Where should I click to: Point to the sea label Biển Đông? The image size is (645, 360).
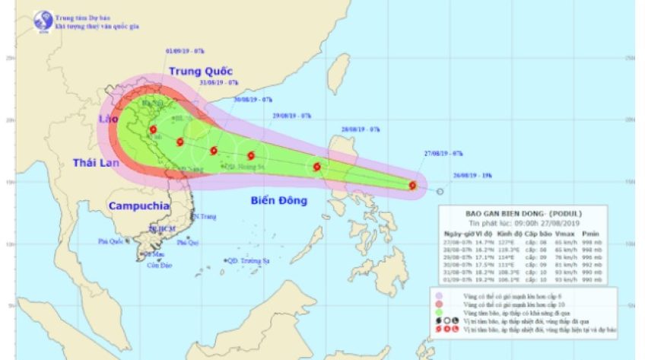278,201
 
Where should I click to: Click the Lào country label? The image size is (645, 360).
106,120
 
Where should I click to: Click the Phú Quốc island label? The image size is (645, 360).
111,242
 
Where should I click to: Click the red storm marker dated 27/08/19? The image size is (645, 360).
412,185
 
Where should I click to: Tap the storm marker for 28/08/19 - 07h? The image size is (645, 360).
316,167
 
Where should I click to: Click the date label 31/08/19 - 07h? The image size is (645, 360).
219,82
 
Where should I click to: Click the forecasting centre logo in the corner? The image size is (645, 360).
39,20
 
